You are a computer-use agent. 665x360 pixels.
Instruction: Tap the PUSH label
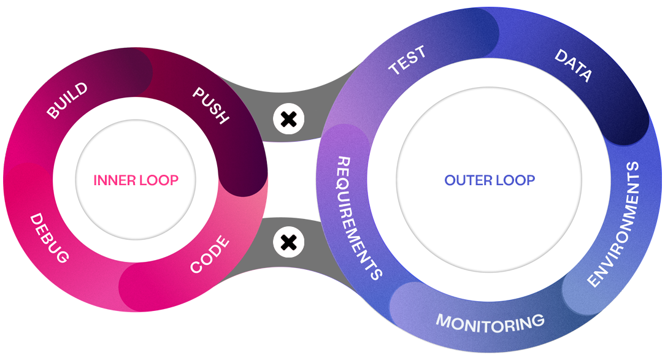(210, 105)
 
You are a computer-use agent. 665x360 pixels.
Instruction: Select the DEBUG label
(49, 239)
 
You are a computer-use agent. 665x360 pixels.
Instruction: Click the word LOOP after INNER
(158, 180)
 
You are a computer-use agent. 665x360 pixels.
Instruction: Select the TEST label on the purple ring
(407, 62)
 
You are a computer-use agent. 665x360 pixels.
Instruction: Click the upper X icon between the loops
(288, 119)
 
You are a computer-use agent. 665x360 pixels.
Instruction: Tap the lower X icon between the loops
(288, 242)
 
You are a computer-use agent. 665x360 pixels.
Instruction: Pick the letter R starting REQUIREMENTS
(344, 162)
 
